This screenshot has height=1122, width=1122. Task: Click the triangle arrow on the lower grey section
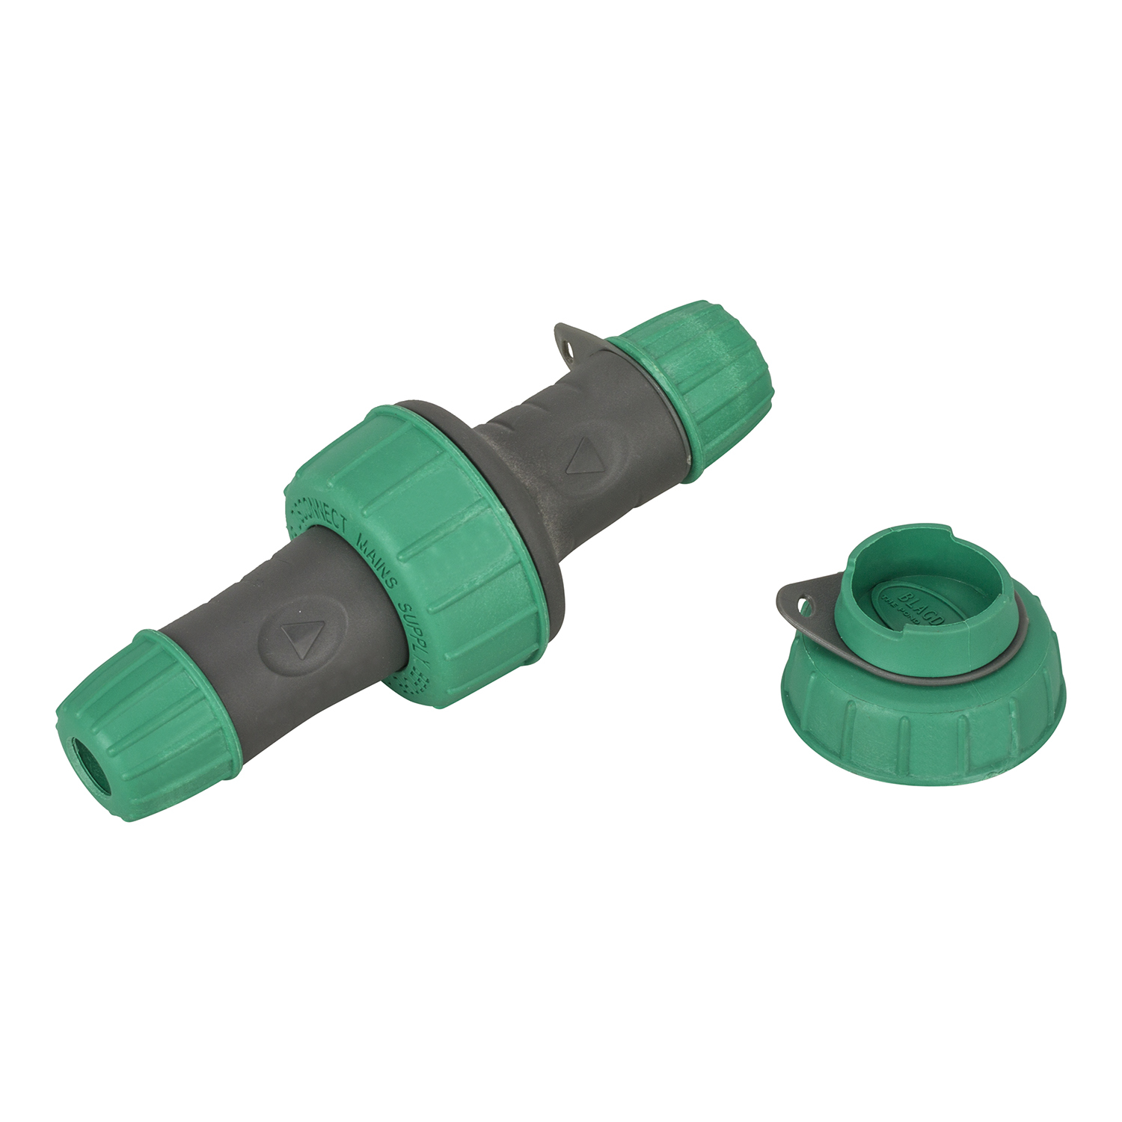pos(302,638)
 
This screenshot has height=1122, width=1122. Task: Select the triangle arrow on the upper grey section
pos(584,456)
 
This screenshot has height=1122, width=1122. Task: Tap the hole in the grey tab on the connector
pos(572,348)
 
